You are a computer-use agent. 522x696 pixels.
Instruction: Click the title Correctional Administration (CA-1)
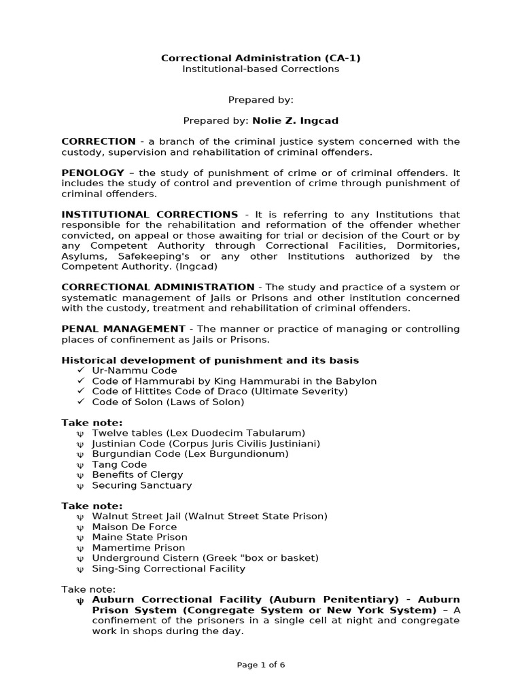coord(260,58)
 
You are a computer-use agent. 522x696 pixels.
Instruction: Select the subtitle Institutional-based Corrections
coord(260,69)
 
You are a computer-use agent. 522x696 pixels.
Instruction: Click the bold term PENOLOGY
coord(93,173)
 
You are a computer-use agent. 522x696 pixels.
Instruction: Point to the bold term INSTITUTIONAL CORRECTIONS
coord(150,215)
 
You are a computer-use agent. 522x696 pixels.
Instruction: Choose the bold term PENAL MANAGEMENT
coord(123,329)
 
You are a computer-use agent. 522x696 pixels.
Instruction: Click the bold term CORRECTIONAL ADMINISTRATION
coord(158,288)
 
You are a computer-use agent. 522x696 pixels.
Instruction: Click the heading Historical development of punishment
coord(210,360)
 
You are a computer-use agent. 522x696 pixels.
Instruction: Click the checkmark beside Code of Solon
coord(80,402)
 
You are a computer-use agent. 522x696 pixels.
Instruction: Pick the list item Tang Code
coord(120,464)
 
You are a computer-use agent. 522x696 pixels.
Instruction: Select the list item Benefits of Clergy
coord(137,474)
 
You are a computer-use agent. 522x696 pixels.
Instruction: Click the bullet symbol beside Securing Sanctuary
coord(80,486)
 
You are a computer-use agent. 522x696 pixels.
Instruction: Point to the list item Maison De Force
coord(134,527)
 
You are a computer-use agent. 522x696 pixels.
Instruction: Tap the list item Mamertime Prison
coord(139,548)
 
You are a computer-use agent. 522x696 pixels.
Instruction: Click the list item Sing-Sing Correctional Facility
coord(169,568)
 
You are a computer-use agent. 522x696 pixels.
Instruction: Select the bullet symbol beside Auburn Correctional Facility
coord(80,600)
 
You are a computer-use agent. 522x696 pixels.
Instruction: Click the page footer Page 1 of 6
coord(260,665)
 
